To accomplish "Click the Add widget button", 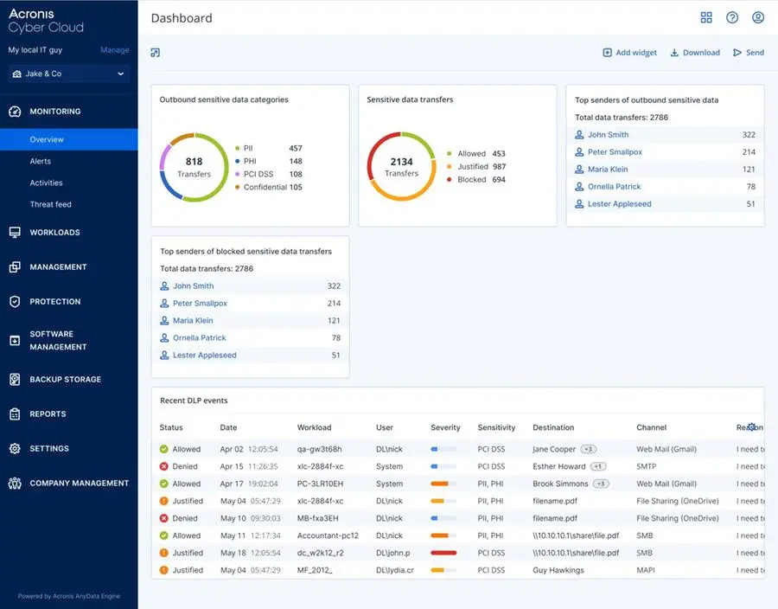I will tap(630, 53).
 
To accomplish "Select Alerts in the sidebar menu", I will tap(41, 161).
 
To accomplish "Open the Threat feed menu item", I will tap(50, 204).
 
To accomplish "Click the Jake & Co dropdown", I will tap(68, 74).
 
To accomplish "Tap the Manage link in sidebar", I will tap(114, 50).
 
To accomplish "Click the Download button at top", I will tap(695, 53).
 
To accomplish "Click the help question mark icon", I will tap(732, 18).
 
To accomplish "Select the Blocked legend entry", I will tap(471, 180).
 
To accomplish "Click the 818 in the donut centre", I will tap(194, 162).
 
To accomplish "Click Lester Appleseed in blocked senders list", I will tap(204, 356).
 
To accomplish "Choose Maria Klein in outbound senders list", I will tap(608, 170).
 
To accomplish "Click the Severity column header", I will tap(445, 427).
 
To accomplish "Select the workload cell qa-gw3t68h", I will tap(320, 450).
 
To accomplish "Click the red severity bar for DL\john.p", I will tap(443, 553).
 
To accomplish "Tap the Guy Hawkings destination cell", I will tap(558, 571).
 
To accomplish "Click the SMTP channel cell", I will tap(647, 467).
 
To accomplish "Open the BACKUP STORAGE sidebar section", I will tap(65, 380).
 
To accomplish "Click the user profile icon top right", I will tap(758, 18).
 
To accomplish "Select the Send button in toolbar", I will tap(749, 53).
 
